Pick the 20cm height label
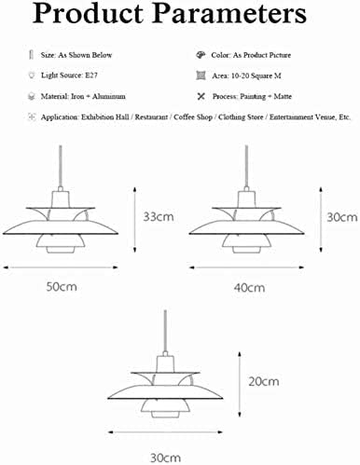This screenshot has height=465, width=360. [264, 381]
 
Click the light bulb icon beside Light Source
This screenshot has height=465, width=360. [32, 75]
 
